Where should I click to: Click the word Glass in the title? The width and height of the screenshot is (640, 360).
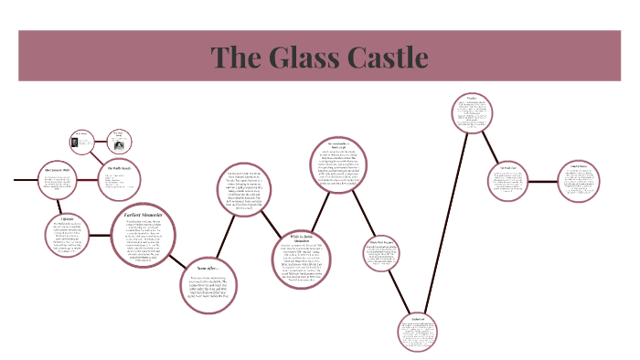[310, 57]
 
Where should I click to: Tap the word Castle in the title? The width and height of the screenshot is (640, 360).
[384, 57]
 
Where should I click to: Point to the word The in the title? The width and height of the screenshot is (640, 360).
[237, 57]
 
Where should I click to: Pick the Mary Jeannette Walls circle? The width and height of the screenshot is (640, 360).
[58, 180]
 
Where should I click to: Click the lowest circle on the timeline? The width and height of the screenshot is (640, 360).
[427, 334]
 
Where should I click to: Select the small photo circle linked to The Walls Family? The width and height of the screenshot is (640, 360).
[118, 140]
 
